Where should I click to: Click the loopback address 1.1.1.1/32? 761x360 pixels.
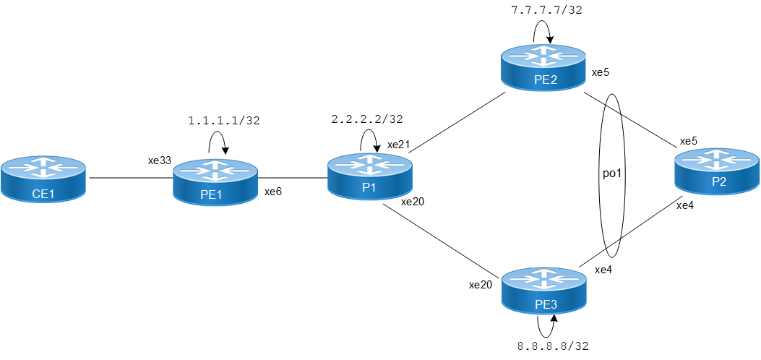[223, 121]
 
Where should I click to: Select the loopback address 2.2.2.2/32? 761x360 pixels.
[366, 119]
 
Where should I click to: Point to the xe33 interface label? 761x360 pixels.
[159, 161]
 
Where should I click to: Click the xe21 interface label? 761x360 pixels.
[398, 145]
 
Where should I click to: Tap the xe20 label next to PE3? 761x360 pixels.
[480, 285]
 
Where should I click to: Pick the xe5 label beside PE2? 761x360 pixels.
[601, 72]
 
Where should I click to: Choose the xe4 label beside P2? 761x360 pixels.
[684, 205]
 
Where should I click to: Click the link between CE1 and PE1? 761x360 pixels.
[129, 177]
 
